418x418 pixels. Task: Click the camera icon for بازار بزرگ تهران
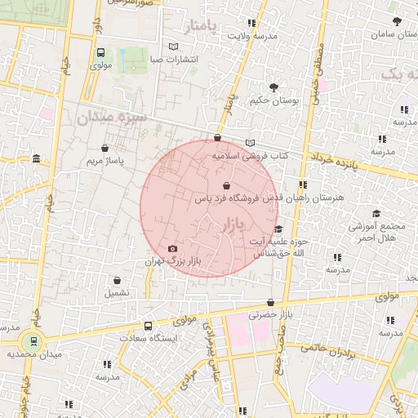pyautogui.click(x=172, y=249)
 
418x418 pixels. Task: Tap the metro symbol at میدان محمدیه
pyautogui.click(x=33, y=340)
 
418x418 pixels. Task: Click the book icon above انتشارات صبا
pyautogui.click(x=172, y=47)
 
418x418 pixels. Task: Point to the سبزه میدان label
pyautogui.click(x=111, y=118)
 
